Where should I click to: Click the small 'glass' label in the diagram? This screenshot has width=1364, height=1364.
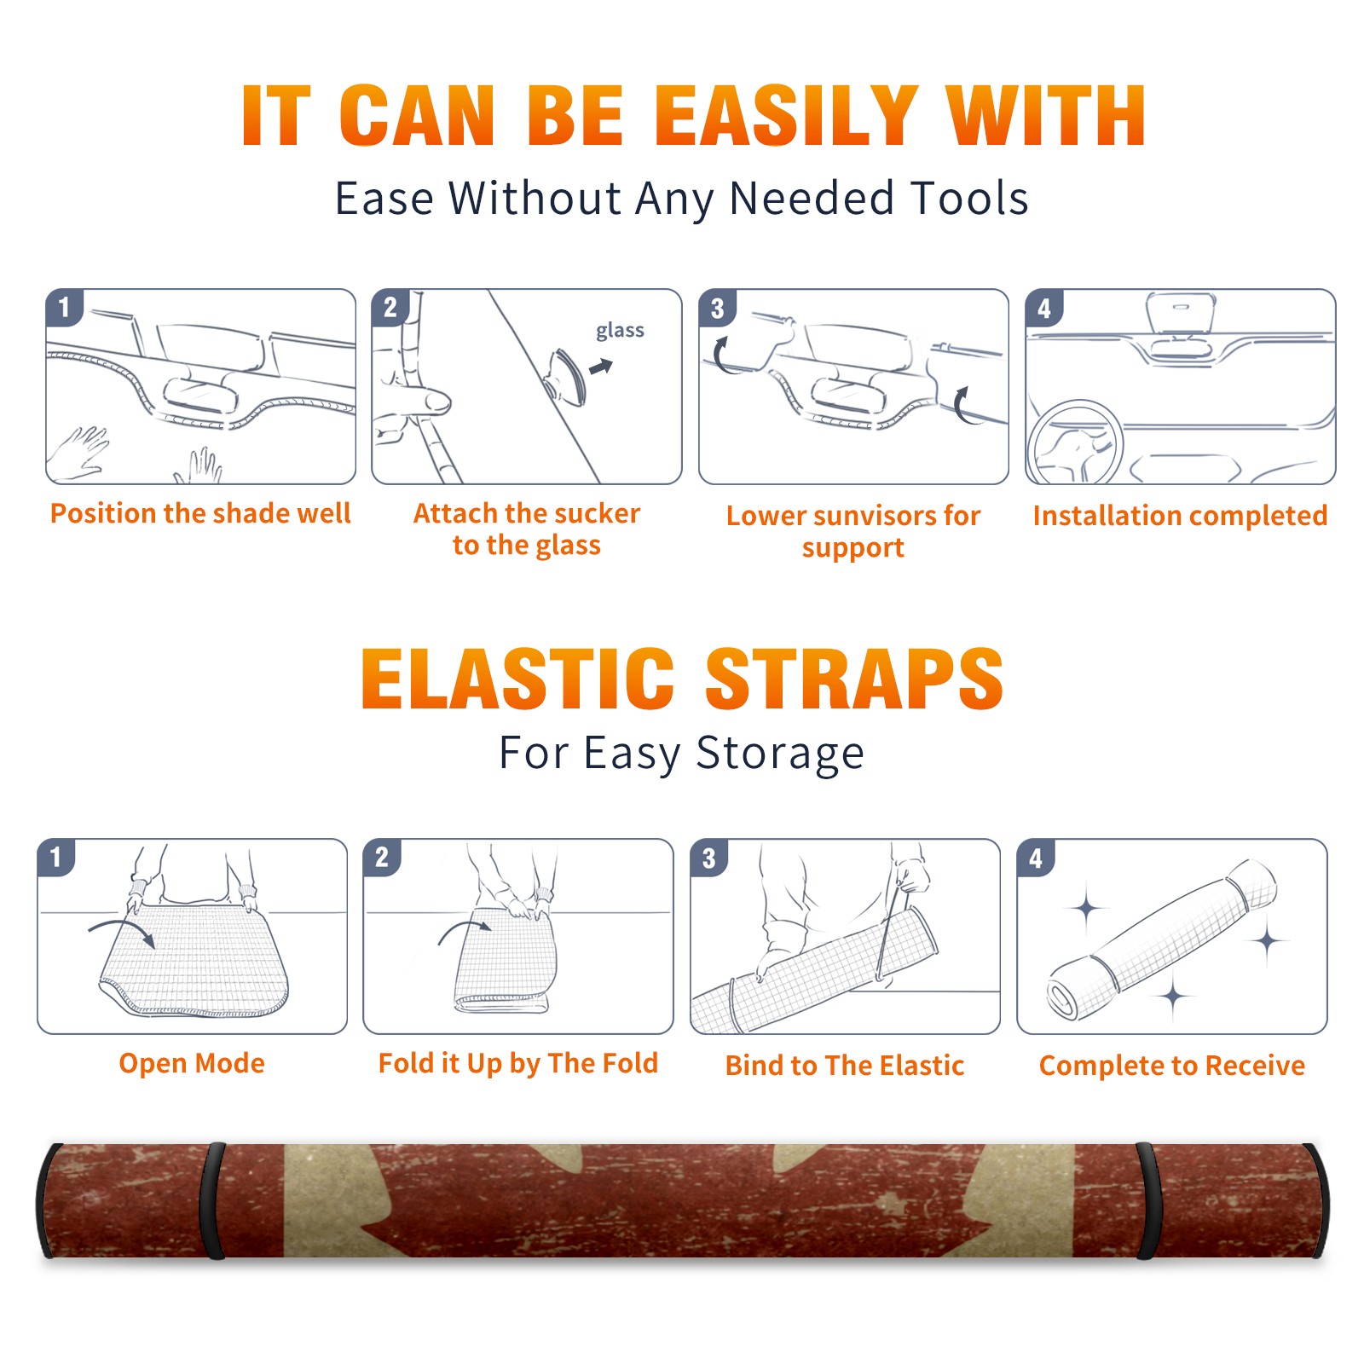[620, 331]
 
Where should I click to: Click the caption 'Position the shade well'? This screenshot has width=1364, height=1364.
[200, 513]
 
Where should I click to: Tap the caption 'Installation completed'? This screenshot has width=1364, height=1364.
[1180, 516]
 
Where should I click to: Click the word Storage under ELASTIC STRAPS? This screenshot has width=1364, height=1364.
[780, 754]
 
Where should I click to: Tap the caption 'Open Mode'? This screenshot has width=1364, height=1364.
[192, 1063]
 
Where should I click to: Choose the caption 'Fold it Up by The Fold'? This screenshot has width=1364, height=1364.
[518, 1064]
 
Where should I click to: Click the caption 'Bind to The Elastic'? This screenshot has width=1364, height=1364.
[845, 1066]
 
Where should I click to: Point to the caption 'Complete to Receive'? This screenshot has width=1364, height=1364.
[1172, 1066]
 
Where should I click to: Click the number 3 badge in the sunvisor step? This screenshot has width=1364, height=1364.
[717, 309]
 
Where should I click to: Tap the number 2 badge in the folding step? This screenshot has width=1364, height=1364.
[382, 858]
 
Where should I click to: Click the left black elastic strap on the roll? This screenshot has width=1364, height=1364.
[212, 1200]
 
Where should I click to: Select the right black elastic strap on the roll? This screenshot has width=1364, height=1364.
[1148, 1200]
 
